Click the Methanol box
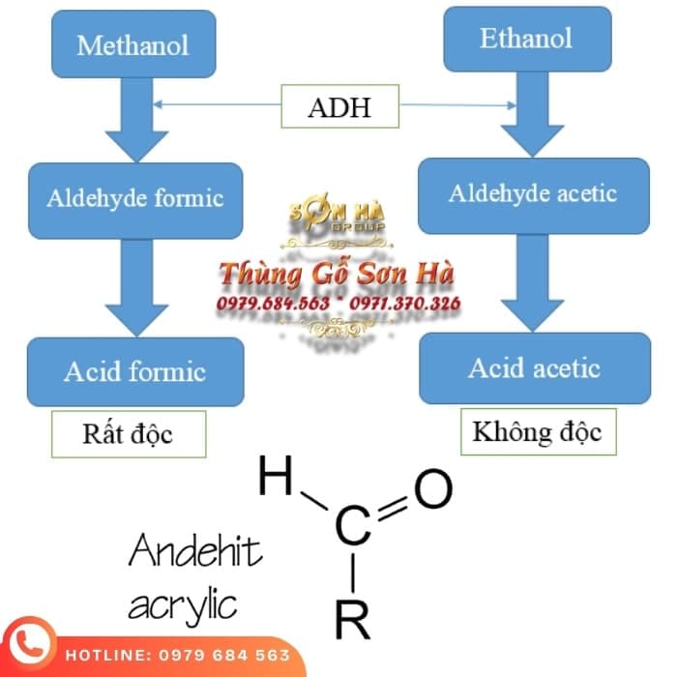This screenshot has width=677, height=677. click(132, 44)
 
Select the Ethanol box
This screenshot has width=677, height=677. click(526, 39)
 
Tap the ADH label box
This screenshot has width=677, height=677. click(339, 106)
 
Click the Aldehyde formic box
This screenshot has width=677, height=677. click(135, 199)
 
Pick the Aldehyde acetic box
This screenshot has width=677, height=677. click(532, 193)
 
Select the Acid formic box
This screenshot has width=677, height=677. click(135, 371)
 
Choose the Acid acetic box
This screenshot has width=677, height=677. click(534, 368)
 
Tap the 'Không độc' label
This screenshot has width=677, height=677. click(537, 430)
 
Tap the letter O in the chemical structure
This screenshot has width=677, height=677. click(433, 489)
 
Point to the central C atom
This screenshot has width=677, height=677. click(353, 525)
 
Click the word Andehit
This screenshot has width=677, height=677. click(195, 555)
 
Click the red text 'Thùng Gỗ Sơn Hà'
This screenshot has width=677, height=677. click(338, 274)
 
